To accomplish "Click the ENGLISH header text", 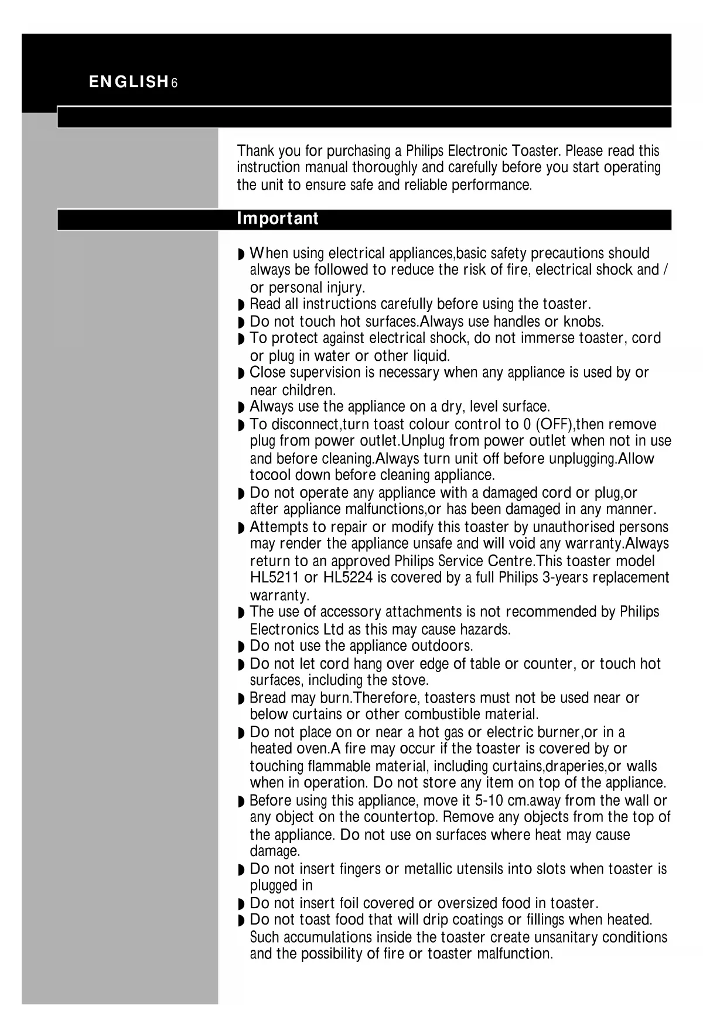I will tap(128, 83).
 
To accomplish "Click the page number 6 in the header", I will tap(175, 83).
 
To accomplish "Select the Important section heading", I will tap(277, 219).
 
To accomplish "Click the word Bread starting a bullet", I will tap(268, 698).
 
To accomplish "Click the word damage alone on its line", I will tap(274, 851).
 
